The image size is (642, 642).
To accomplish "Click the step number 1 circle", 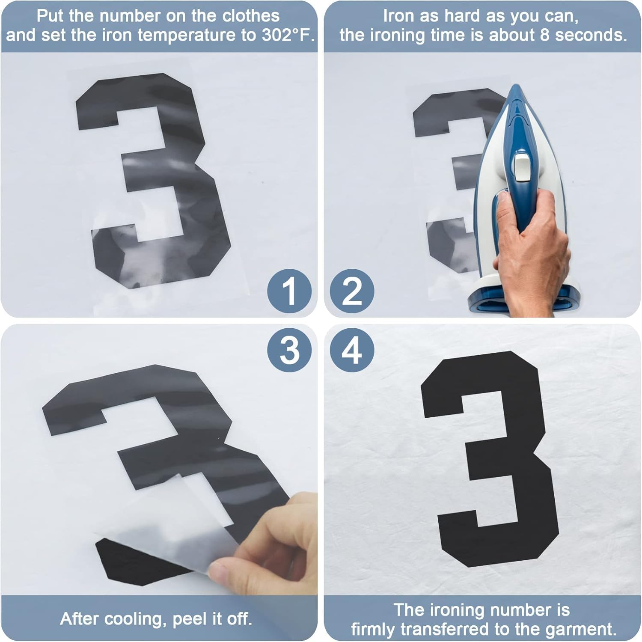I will pos(289,291).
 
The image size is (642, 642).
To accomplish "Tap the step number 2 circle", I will pos(352,291).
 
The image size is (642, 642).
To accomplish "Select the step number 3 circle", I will pos(289,350).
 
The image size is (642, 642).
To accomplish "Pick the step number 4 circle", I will pos(352,350).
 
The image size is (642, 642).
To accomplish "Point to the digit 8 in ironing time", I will pos(544,35).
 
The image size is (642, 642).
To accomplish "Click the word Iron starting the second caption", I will pos(398,16).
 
